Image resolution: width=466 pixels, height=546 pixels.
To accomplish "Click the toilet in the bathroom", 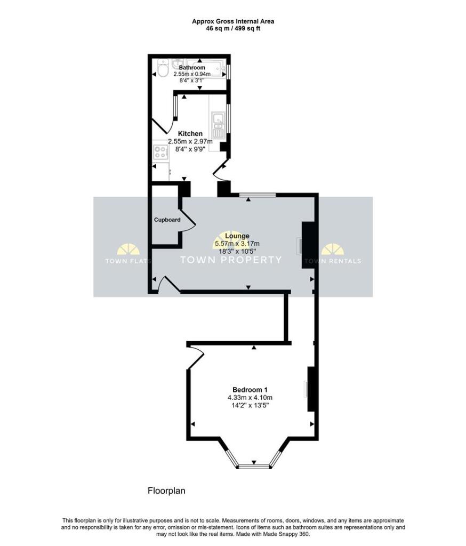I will click(162, 69).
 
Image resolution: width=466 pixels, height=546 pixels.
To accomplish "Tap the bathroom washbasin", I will click(179, 63).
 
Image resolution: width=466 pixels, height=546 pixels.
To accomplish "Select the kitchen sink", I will click(218, 123).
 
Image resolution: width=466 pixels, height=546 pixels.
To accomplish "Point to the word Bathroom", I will click(191, 68).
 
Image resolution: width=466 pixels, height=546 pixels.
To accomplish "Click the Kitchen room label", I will click(190, 133).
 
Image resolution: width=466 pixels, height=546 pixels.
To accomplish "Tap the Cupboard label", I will click(167, 220).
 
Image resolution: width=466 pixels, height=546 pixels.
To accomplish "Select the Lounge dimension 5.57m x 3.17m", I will click(237, 244).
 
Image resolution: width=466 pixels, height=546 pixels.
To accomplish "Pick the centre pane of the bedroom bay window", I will click(254, 467).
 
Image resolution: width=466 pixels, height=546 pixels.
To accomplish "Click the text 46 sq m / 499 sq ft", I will click(233, 28).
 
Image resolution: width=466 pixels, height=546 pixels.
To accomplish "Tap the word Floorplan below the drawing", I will click(166, 491).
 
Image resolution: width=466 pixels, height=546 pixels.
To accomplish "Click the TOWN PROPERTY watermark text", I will click(230, 260).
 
